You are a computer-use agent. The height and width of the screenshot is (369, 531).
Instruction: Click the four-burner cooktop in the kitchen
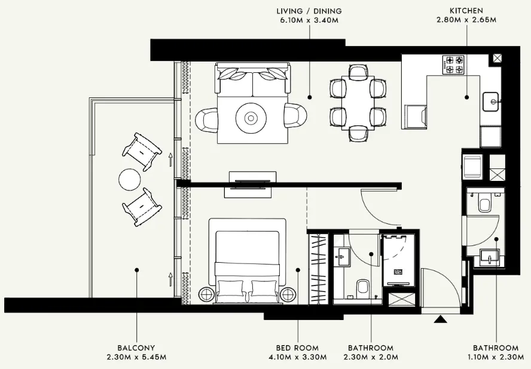[453, 65]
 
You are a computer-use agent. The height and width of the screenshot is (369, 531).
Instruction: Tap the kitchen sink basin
[492, 102]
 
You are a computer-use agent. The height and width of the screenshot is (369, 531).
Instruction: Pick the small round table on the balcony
[129, 179]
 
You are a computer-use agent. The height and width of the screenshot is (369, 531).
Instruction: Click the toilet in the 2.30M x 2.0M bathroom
[362, 290]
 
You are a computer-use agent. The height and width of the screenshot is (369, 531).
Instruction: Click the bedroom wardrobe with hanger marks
[318, 266]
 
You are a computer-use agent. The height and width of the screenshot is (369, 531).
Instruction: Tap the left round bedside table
[205, 294]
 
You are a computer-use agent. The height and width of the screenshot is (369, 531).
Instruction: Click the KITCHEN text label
[466, 10]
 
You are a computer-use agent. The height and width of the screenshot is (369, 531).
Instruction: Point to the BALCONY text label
[136, 348]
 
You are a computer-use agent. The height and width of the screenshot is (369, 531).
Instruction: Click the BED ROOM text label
[297, 348]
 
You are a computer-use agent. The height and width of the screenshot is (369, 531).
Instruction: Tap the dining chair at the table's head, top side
[357, 72]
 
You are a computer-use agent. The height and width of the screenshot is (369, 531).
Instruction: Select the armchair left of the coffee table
[207, 118]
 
